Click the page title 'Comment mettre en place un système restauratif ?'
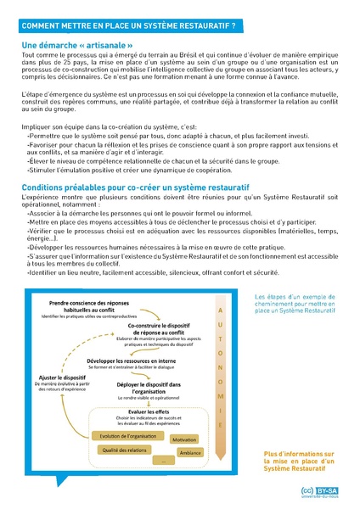(127, 27)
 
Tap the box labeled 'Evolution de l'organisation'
(120, 436)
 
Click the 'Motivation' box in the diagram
(183, 440)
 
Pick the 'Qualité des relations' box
(116, 450)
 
